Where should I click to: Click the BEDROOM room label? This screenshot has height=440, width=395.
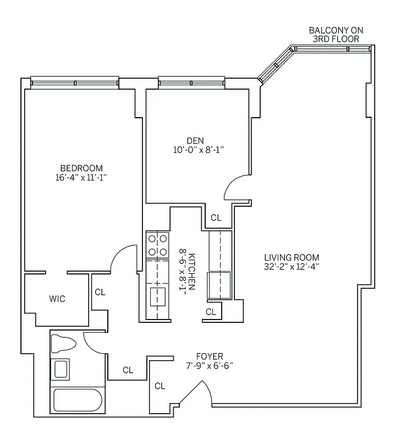(x=81, y=168)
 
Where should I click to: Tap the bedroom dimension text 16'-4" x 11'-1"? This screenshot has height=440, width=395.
(x=81, y=177)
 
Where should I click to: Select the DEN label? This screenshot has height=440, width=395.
(x=195, y=140)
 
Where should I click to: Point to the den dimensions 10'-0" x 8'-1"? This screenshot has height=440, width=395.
(x=198, y=149)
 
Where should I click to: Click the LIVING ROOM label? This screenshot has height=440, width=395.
(x=291, y=257)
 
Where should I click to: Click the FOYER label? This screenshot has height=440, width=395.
(x=210, y=356)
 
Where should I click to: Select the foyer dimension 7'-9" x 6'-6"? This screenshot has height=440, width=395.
(x=210, y=366)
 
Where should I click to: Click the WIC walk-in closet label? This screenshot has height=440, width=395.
(x=57, y=299)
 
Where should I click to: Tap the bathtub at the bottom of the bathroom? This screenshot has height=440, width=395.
(x=78, y=400)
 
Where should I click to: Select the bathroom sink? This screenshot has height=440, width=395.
(x=61, y=368)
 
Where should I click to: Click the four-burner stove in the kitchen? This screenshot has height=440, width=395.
(x=157, y=245)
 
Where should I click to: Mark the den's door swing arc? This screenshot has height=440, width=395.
(x=234, y=187)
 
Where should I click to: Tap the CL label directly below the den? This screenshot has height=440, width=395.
(x=216, y=218)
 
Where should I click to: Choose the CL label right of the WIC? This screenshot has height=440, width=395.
(x=100, y=292)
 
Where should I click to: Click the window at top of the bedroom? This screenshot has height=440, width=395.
(x=74, y=83)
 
